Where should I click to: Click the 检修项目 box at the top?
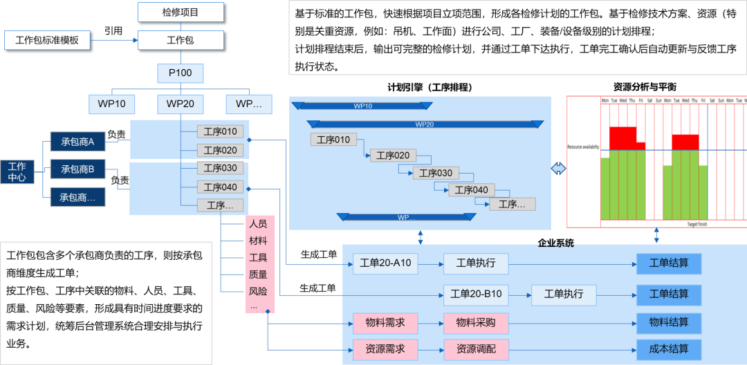click(x=181, y=12)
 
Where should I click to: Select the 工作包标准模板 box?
click(x=47, y=40)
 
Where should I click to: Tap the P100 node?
click(x=180, y=73)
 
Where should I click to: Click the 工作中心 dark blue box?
click(x=17, y=171)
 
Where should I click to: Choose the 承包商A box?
click(x=77, y=142)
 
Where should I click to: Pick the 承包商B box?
click(x=77, y=169)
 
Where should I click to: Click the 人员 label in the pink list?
click(x=258, y=224)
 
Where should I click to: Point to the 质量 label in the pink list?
click(x=258, y=274)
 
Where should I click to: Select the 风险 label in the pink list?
click(x=258, y=291)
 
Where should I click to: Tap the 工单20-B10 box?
click(x=476, y=294)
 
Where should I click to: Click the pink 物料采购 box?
click(x=475, y=323)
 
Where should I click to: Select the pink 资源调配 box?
click(x=475, y=349)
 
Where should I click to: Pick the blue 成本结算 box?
click(x=669, y=349)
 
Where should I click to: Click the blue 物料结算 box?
click(x=669, y=323)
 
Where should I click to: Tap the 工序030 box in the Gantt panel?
click(x=435, y=174)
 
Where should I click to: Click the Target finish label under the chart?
click(x=697, y=225)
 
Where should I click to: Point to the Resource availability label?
click(x=583, y=147)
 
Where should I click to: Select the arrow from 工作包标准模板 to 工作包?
click(x=113, y=40)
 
